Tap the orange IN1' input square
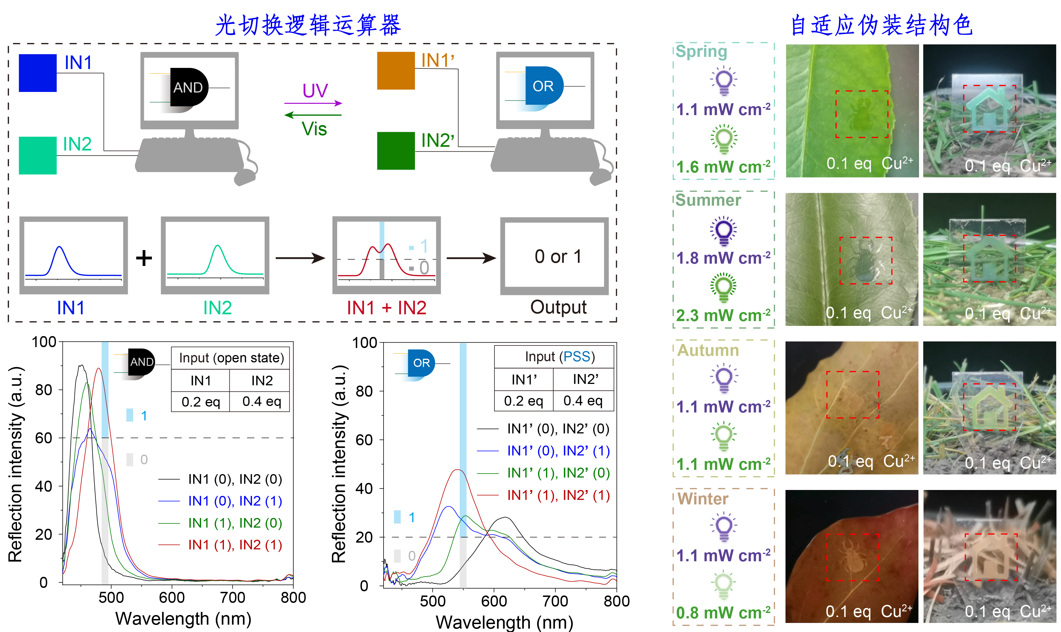click(x=395, y=71)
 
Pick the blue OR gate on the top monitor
click(x=544, y=86)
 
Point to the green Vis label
click(x=314, y=129)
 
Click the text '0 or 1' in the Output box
click(x=558, y=256)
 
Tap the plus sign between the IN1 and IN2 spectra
click(x=144, y=258)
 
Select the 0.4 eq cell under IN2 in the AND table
click(x=261, y=401)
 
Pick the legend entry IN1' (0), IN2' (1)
click(x=558, y=451)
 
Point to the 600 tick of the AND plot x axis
click(x=172, y=597)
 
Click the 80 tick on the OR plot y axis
click(x=364, y=391)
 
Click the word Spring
click(x=701, y=51)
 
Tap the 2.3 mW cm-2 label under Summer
click(x=723, y=315)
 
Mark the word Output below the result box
click(x=558, y=307)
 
